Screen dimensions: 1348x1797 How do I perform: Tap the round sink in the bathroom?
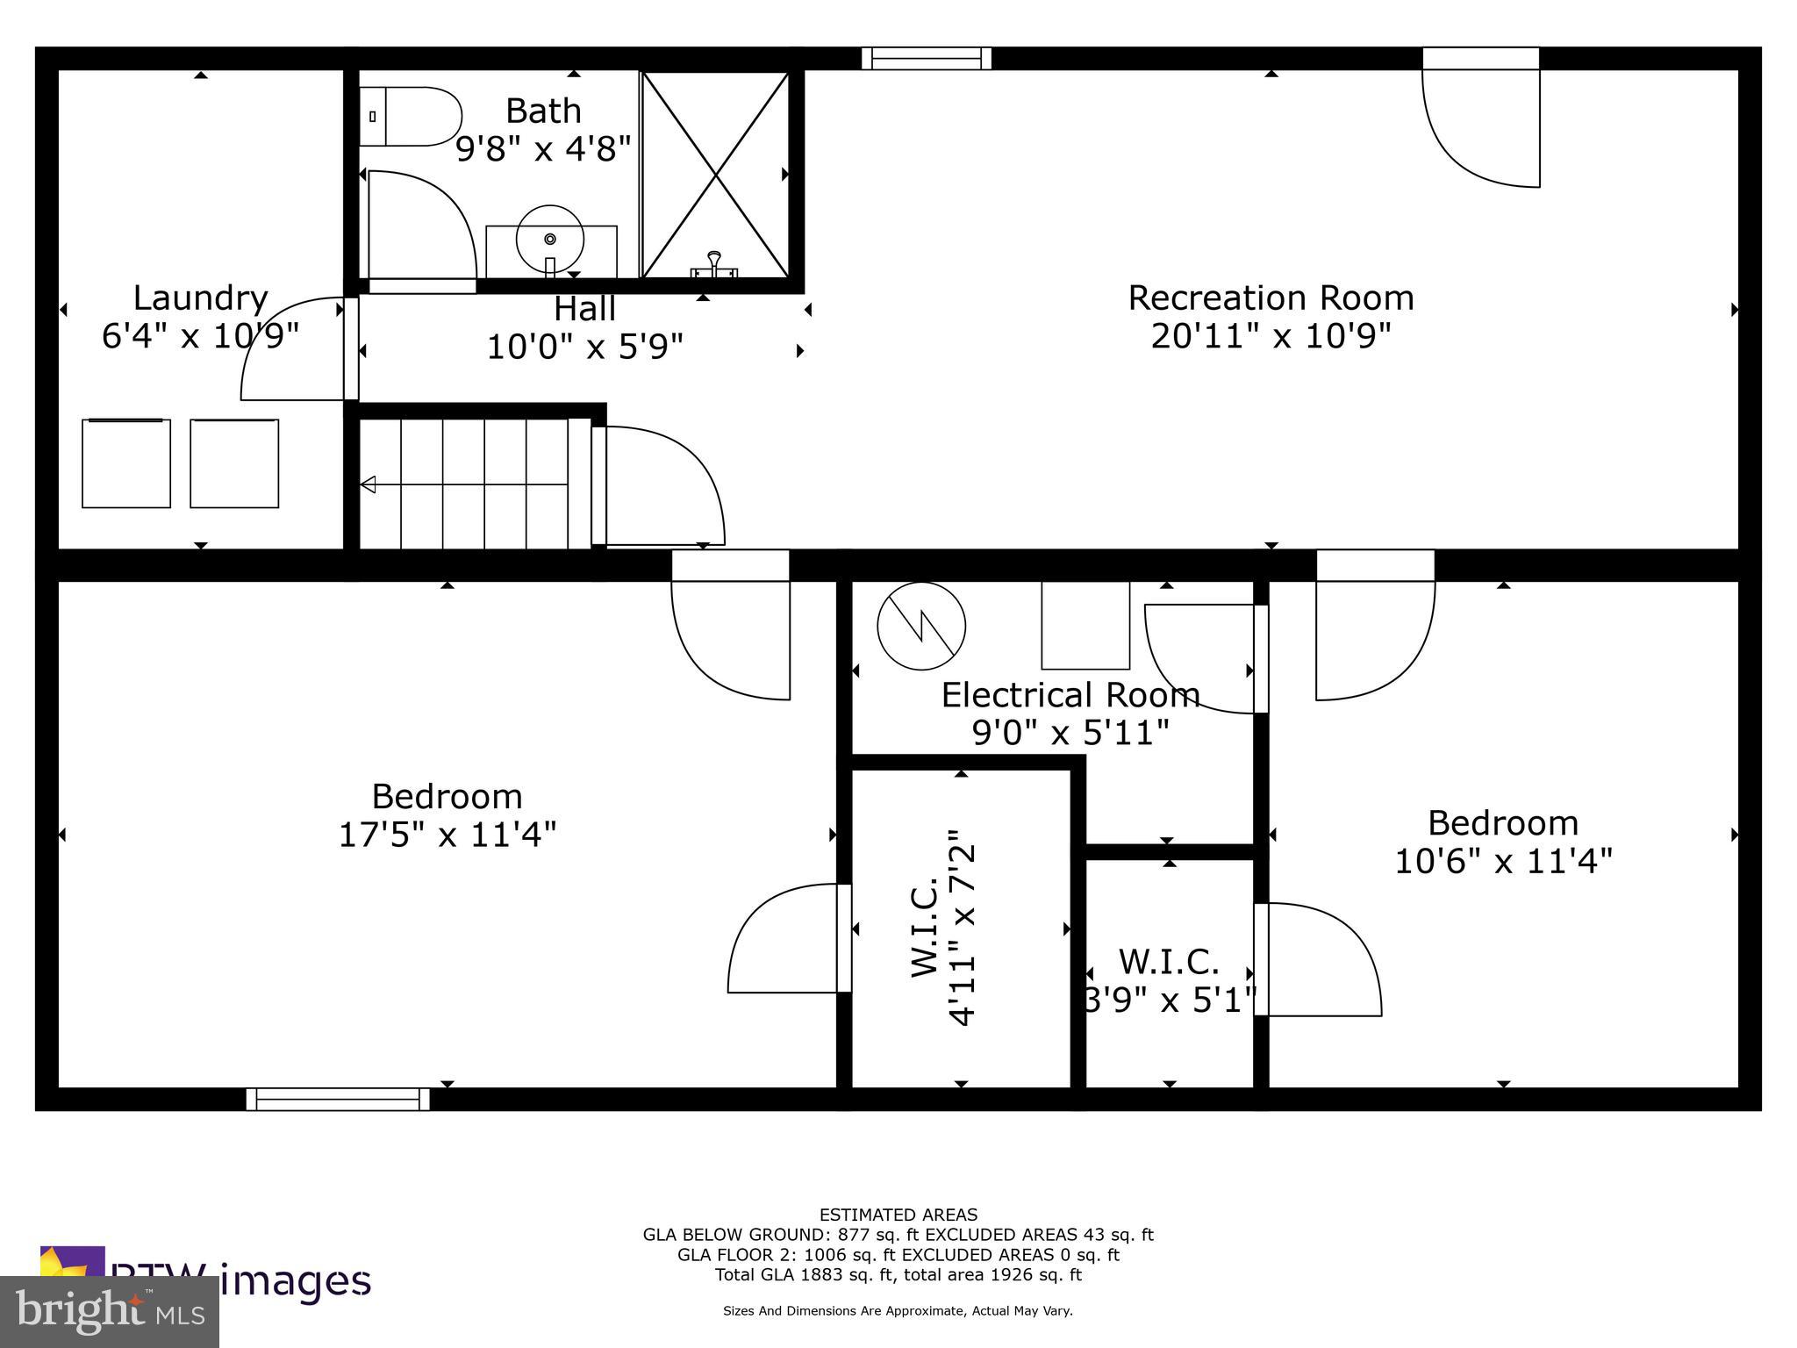[x=550, y=239]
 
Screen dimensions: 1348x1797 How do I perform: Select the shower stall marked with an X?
[x=716, y=175]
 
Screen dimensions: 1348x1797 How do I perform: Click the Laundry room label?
[x=200, y=298]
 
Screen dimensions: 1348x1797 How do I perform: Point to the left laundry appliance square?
[x=126, y=463]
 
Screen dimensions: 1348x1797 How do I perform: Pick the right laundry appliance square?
[x=234, y=463]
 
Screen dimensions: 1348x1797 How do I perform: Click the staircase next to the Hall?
[x=474, y=484]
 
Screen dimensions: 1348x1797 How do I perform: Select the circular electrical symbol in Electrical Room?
[x=921, y=627]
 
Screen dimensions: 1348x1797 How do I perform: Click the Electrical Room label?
[x=1070, y=695]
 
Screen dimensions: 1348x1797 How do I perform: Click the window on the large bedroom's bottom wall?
[x=338, y=1099]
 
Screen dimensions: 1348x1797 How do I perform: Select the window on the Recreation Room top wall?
[x=927, y=58]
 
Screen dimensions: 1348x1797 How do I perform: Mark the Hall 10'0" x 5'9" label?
[x=584, y=328]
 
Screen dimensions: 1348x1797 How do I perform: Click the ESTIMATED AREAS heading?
[x=898, y=1215]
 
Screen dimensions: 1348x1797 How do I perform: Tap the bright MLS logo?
[x=110, y=1312]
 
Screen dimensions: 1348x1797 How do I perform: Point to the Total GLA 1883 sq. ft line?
[x=898, y=1274]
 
